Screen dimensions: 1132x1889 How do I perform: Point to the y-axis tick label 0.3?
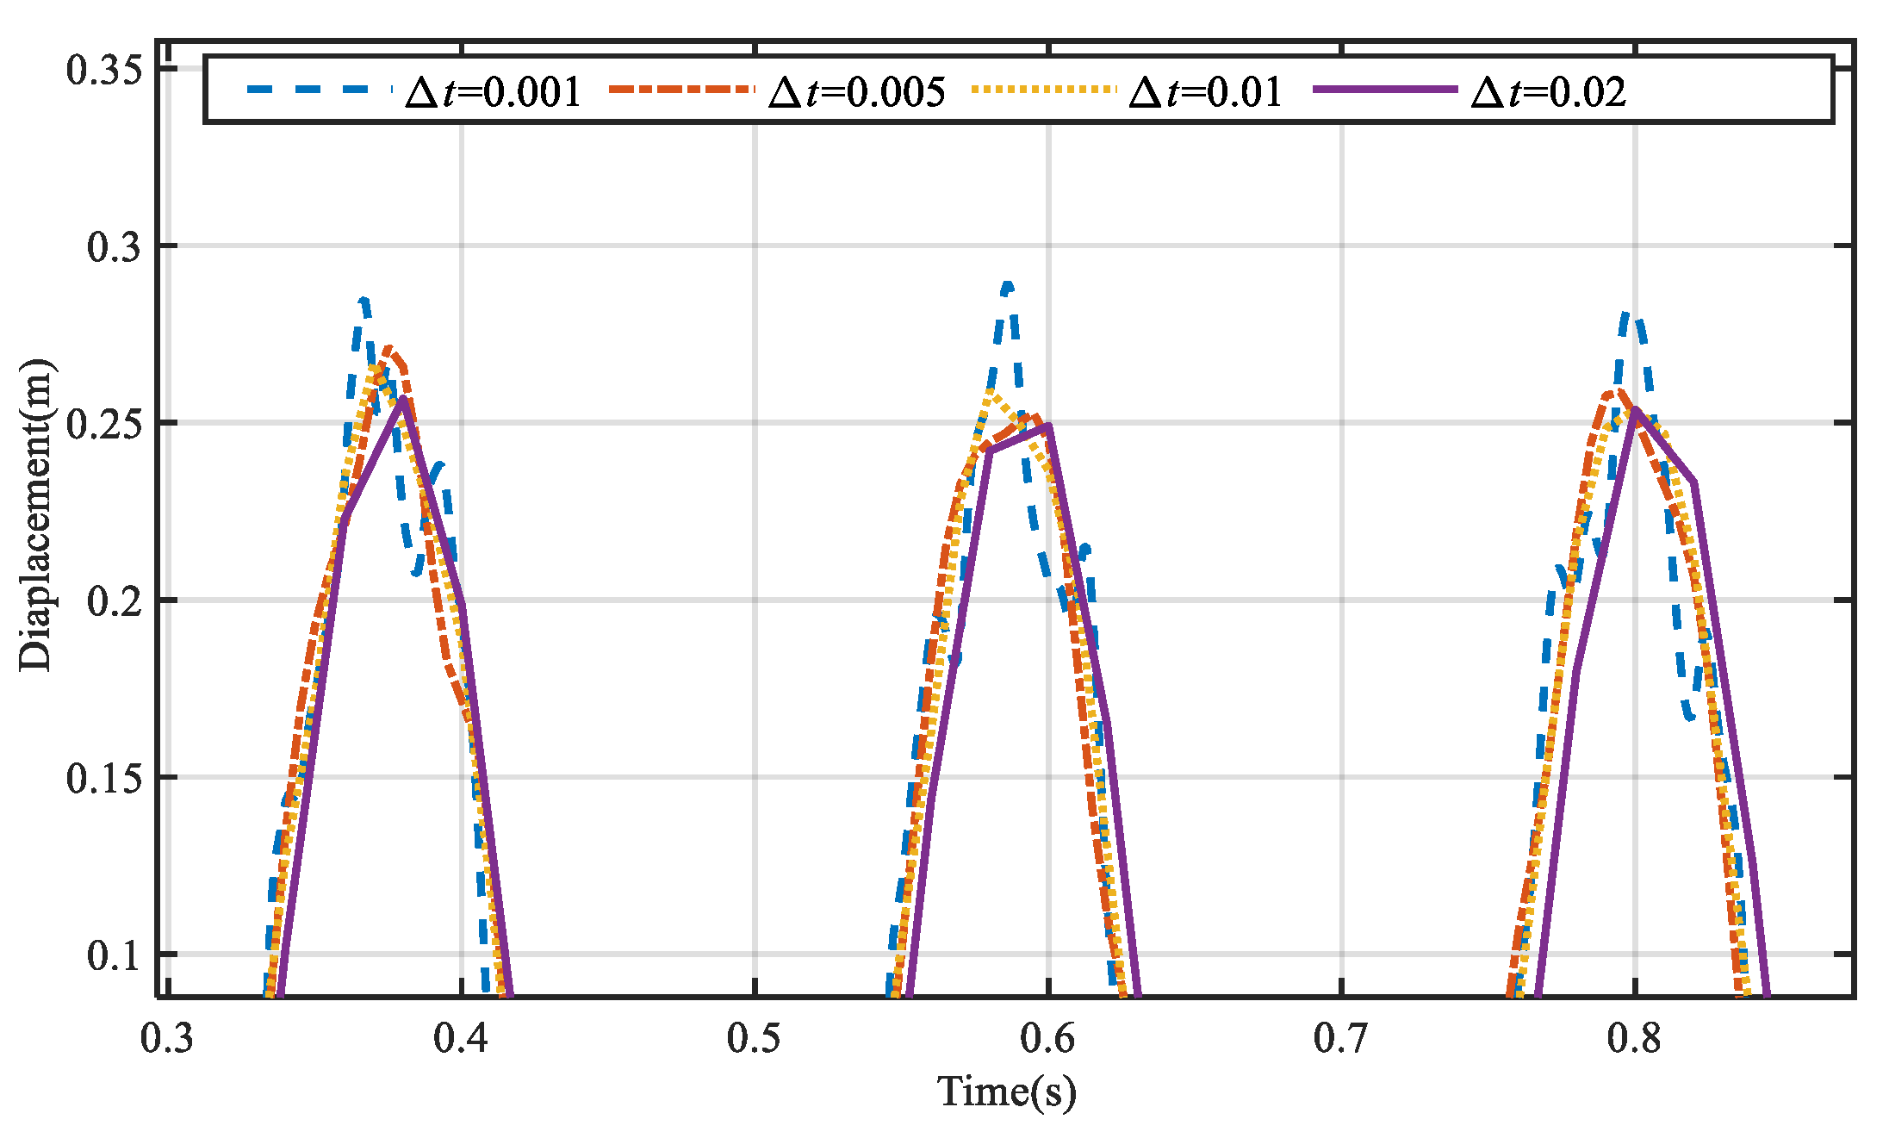click(114, 247)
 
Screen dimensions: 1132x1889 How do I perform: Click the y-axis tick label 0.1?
click(114, 956)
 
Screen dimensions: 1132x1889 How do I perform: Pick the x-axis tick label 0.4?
click(461, 1039)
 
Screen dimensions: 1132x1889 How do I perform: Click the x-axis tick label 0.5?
click(755, 1039)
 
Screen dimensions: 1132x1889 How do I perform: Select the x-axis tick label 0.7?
click(1341, 1039)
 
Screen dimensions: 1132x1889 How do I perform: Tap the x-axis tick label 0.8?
click(1634, 1039)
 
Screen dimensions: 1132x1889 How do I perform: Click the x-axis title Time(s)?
click(1006, 1092)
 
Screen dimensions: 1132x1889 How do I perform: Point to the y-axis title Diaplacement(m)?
click(36, 515)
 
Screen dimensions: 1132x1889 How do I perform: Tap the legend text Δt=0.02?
click(1549, 92)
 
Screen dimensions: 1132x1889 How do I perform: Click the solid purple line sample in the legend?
click(1385, 90)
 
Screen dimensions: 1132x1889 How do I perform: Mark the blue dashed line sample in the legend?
click(319, 90)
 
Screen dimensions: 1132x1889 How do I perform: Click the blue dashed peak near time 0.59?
click(1007, 284)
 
